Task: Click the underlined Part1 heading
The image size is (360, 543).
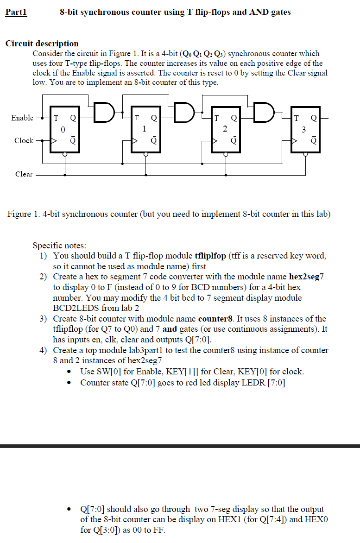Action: [x=16, y=13]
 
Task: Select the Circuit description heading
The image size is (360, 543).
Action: [x=42, y=44]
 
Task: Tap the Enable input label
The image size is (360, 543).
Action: [x=22, y=118]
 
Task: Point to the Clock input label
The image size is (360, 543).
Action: [x=24, y=140]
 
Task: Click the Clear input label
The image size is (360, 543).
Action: [x=24, y=174]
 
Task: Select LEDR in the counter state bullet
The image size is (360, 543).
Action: [x=253, y=383]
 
